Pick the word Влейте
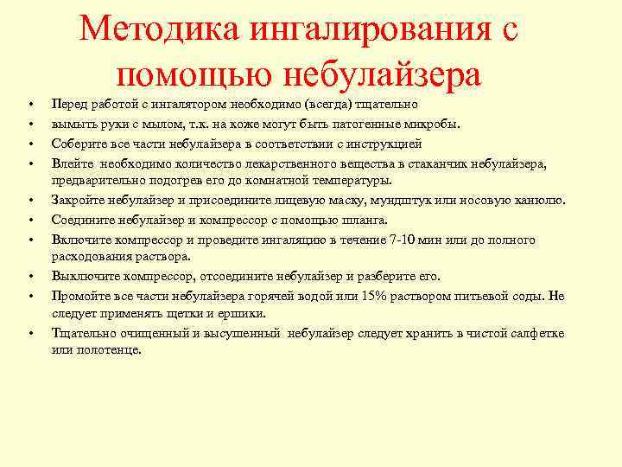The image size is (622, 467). click(x=73, y=162)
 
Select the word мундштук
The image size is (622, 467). click(x=442, y=201)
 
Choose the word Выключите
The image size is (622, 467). click(x=86, y=277)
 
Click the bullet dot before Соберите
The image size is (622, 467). click(x=29, y=143)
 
